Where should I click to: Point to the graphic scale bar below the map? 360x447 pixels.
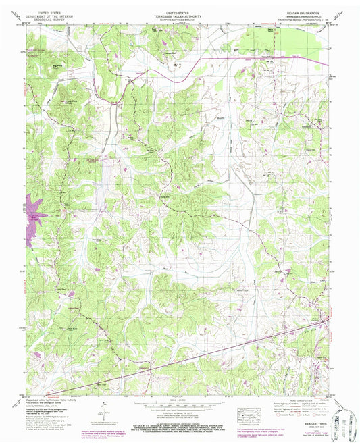178,408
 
